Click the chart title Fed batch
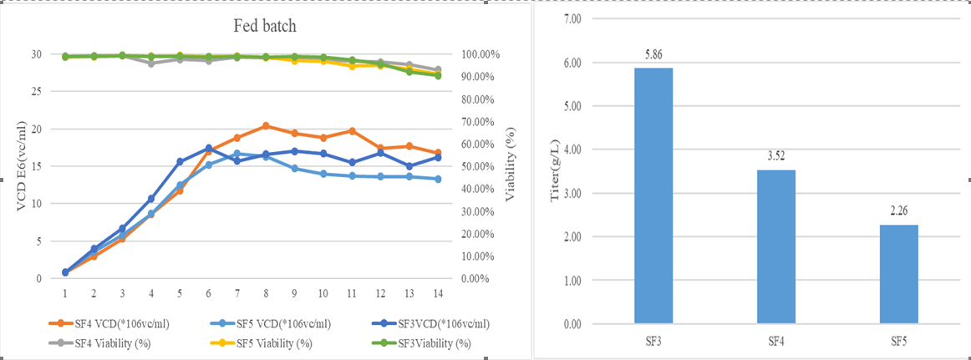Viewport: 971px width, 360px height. coord(264,26)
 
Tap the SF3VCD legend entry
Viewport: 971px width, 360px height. coord(435,324)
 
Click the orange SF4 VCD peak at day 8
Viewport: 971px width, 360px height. coord(266,126)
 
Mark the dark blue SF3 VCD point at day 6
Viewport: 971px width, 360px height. coord(208,148)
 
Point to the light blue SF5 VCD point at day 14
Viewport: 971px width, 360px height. coord(439,179)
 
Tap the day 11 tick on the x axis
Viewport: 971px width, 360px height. coord(352,294)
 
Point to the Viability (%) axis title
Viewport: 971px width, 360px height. coord(511,167)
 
